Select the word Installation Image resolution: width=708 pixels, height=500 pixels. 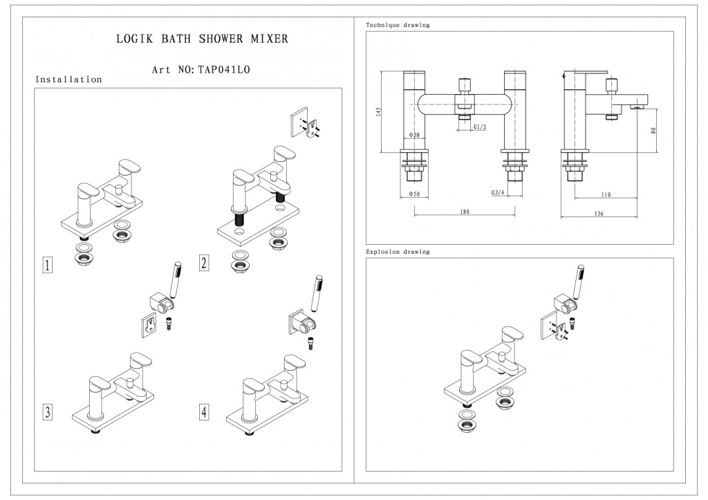(x=68, y=80)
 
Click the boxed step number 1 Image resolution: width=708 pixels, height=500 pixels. (x=47, y=266)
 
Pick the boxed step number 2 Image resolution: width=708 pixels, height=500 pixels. (x=204, y=263)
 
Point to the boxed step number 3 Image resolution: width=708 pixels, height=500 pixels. (x=47, y=413)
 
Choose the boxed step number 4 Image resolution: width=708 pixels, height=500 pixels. (x=204, y=413)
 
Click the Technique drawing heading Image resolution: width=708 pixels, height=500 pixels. (x=397, y=25)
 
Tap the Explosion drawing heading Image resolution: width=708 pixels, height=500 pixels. (x=398, y=252)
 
